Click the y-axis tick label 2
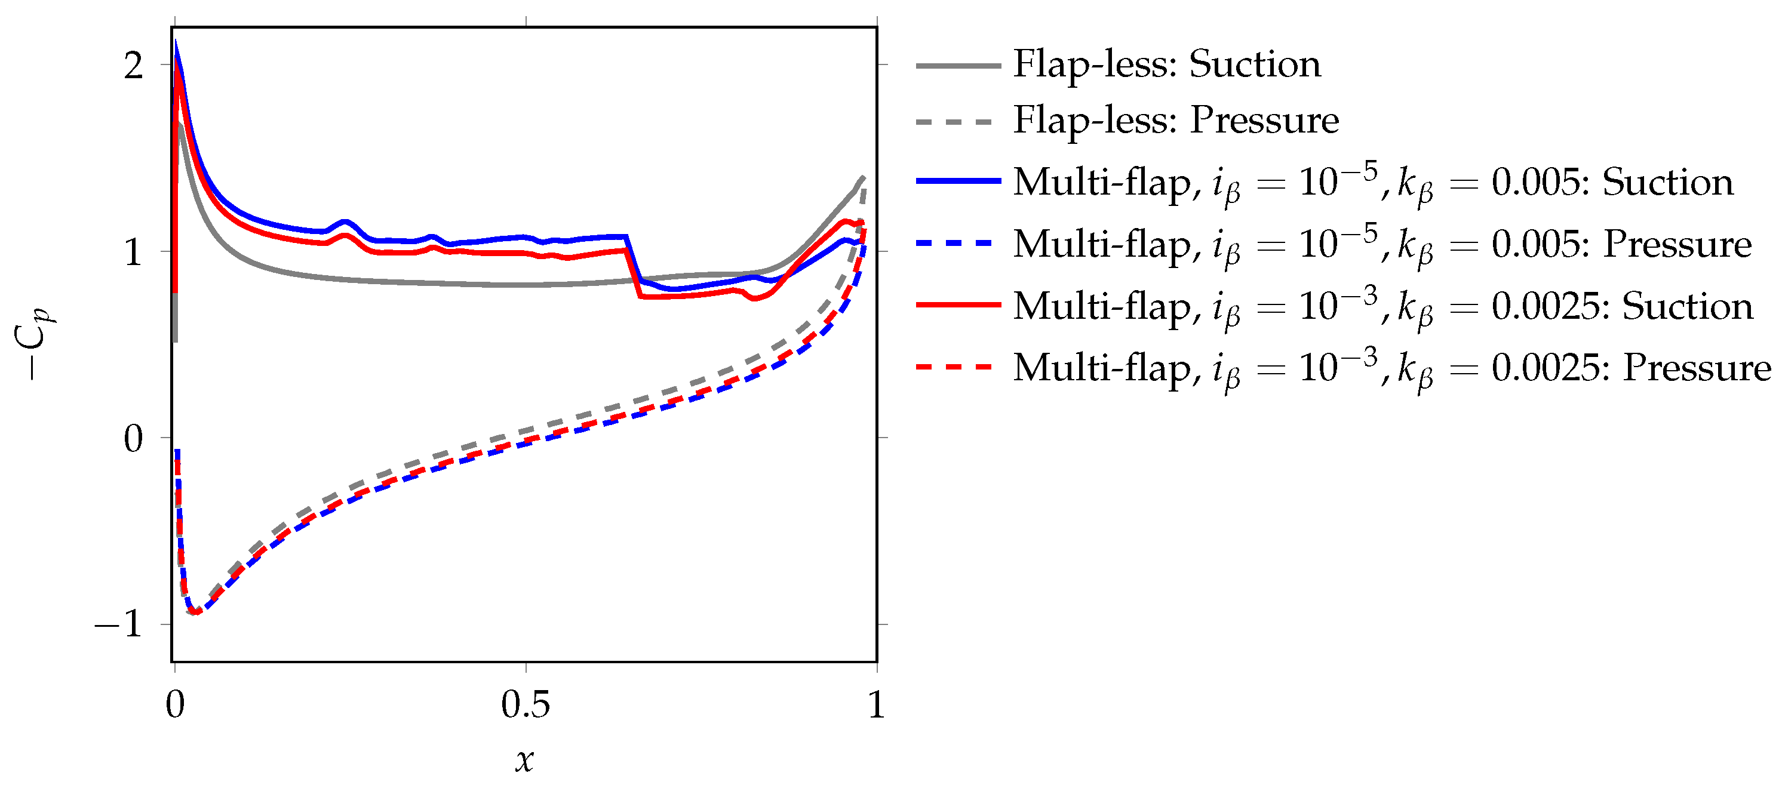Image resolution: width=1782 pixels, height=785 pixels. click(x=134, y=66)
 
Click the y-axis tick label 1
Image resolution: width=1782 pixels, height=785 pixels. click(x=134, y=253)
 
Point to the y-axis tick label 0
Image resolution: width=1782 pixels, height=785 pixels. click(x=134, y=439)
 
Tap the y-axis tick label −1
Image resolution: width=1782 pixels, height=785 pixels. click(x=119, y=624)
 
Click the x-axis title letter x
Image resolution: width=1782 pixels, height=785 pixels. click(x=524, y=759)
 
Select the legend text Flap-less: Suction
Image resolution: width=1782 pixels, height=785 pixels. click(x=1166, y=64)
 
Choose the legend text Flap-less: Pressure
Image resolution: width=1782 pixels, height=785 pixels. click(x=1175, y=121)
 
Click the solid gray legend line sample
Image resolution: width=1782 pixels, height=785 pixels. click(x=957, y=66)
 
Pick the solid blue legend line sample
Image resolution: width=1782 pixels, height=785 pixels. click(x=957, y=181)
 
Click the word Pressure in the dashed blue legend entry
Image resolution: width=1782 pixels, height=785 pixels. click(x=1677, y=244)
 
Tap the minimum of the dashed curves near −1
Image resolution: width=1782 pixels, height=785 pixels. click(x=196, y=612)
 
